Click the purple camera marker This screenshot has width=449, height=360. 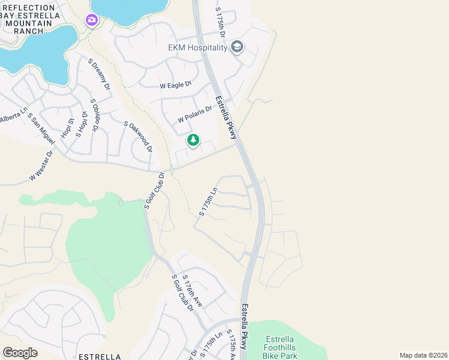click(92, 21)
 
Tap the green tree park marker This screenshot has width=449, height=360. click(193, 141)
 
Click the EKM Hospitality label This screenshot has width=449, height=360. click(198, 48)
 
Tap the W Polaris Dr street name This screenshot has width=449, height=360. click(195, 115)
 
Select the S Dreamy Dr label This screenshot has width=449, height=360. click(99, 74)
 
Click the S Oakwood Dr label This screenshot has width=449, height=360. click(138, 136)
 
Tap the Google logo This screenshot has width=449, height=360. click(20, 353)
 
